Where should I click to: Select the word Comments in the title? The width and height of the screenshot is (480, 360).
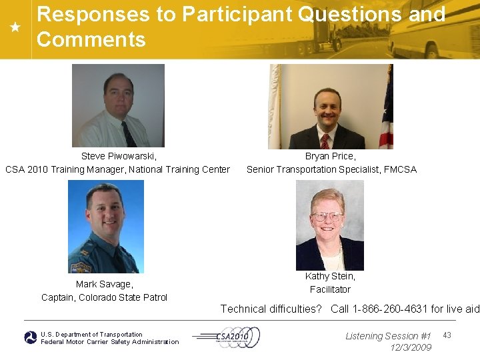tap(91, 40)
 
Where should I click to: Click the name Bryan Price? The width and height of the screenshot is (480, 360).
tap(330, 156)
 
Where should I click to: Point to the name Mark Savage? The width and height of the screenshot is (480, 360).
tap(104, 284)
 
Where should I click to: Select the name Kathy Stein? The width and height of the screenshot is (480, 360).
tap(330, 276)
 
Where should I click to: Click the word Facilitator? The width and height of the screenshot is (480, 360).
tap(330, 289)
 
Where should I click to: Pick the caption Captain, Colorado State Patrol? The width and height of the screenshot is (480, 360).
tap(104, 297)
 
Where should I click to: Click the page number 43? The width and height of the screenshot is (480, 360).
tap(447, 335)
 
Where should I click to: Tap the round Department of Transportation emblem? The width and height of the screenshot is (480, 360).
tap(31, 338)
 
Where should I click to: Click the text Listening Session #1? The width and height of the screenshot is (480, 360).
tap(388, 336)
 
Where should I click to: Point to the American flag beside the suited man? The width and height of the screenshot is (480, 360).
tap(386, 110)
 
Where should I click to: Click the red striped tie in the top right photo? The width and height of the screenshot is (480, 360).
tap(325, 141)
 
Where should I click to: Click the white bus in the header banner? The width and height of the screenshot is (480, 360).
tap(433, 30)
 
